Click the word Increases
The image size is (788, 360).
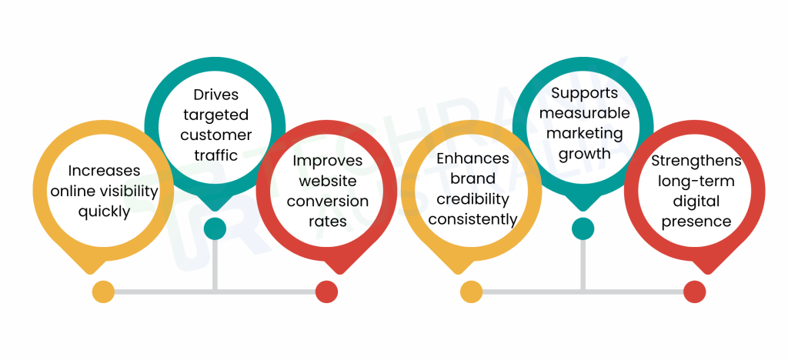coord(104,171)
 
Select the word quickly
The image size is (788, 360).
coord(104,211)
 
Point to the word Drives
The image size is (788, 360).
coord(215,95)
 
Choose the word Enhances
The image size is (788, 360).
coord(472,158)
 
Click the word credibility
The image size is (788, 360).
coord(472,199)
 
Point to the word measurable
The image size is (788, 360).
coord(583,113)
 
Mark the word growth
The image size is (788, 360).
coord(583,153)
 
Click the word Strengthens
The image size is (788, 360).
coord(696,161)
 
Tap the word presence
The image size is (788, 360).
coord(696,222)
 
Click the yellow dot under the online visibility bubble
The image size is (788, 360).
coord(103,292)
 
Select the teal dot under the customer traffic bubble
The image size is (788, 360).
coord(215,228)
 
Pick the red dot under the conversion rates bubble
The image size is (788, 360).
coord(327,292)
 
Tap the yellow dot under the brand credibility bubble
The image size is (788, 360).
coord(471,292)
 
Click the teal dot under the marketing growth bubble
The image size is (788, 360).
coord(583,228)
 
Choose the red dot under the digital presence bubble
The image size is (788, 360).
coord(695,292)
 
